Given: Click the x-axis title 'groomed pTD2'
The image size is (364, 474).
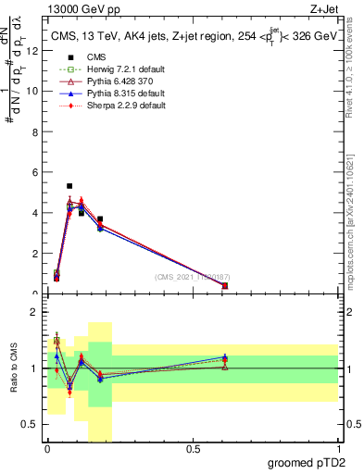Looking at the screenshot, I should click(306, 461).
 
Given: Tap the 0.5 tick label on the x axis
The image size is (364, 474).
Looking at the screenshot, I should click(193, 449).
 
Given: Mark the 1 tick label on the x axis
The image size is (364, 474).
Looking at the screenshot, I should click(338, 449).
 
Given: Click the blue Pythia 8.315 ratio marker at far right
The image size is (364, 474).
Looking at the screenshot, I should click(225, 357).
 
